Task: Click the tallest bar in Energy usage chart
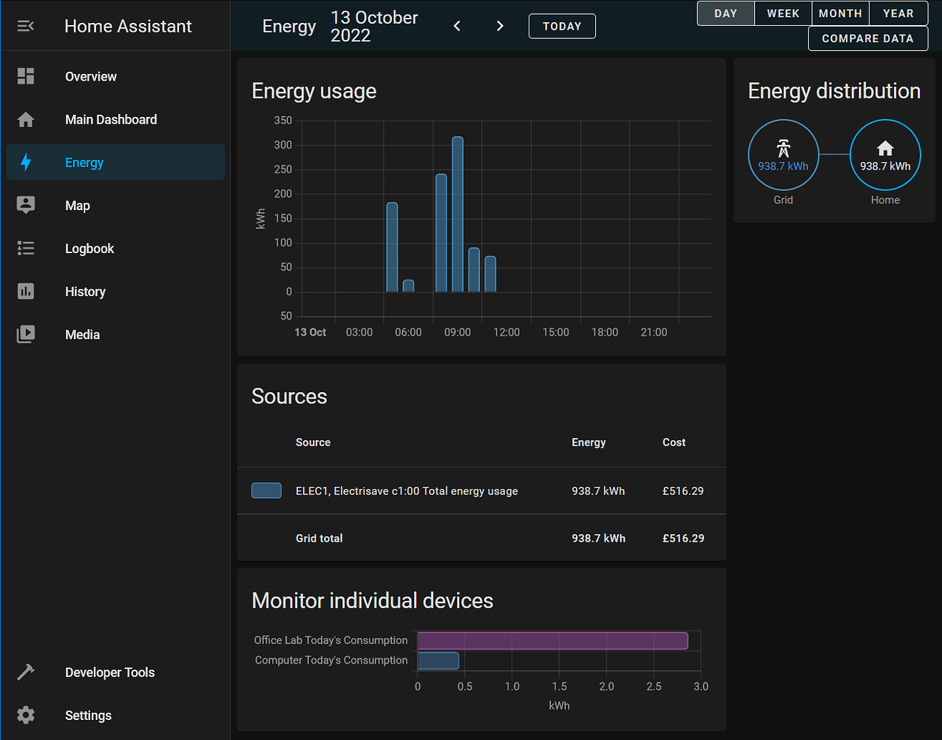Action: click(458, 215)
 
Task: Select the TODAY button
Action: click(562, 27)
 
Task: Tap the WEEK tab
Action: click(783, 13)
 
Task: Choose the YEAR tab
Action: click(898, 13)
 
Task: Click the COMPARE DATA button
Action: click(868, 38)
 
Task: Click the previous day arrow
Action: click(457, 27)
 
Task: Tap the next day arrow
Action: click(500, 27)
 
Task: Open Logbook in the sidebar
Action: click(89, 249)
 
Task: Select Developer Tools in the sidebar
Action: click(109, 673)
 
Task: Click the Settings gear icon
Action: click(26, 715)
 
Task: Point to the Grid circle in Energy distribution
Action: click(783, 155)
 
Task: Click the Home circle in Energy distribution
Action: click(885, 155)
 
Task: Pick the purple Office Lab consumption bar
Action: click(552, 641)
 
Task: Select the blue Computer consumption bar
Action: click(438, 661)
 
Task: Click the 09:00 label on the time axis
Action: click(458, 332)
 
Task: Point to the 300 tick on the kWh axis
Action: click(283, 145)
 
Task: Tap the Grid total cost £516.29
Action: click(683, 539)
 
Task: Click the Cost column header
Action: click(674, 443)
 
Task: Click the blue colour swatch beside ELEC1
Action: click(266, 491)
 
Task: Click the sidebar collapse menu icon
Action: click(26, 27)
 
